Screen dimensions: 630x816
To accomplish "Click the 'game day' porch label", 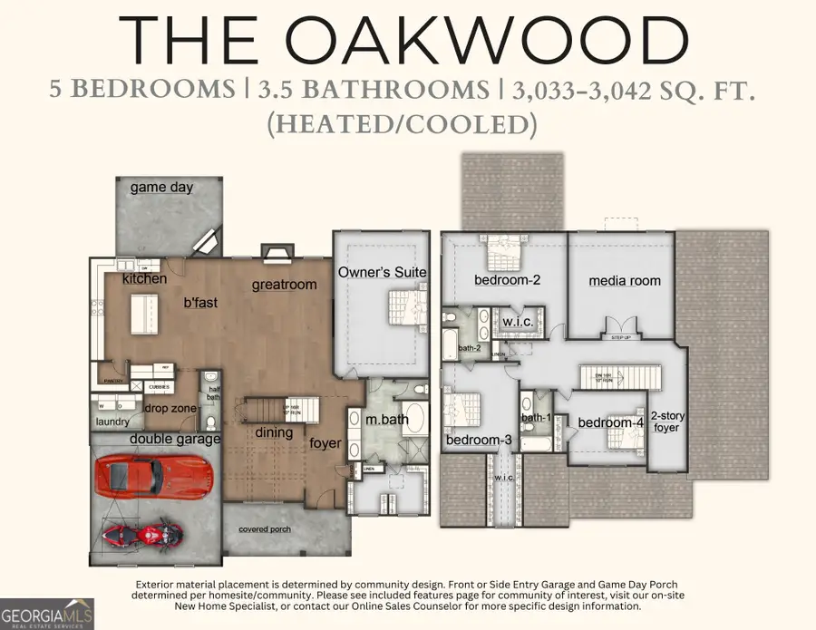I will [x=161, y=188].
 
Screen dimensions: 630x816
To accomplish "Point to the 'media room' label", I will [x=625, y=281].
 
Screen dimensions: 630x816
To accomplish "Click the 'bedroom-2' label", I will [x=508, y=280].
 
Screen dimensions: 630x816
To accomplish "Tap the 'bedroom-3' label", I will [x=480, y=441].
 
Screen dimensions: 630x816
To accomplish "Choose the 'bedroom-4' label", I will [x=612, y=422].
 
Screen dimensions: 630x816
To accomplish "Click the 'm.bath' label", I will [x=387, y=419].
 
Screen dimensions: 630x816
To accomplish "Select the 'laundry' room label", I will [x=113, y=422].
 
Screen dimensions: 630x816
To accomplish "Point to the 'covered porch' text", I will [x=264, y=529].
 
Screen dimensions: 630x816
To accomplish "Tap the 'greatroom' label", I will [x=285, y=285].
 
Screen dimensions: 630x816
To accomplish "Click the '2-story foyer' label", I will [x=666, y=421].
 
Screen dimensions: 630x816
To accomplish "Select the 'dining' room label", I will [x=274, y=432].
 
